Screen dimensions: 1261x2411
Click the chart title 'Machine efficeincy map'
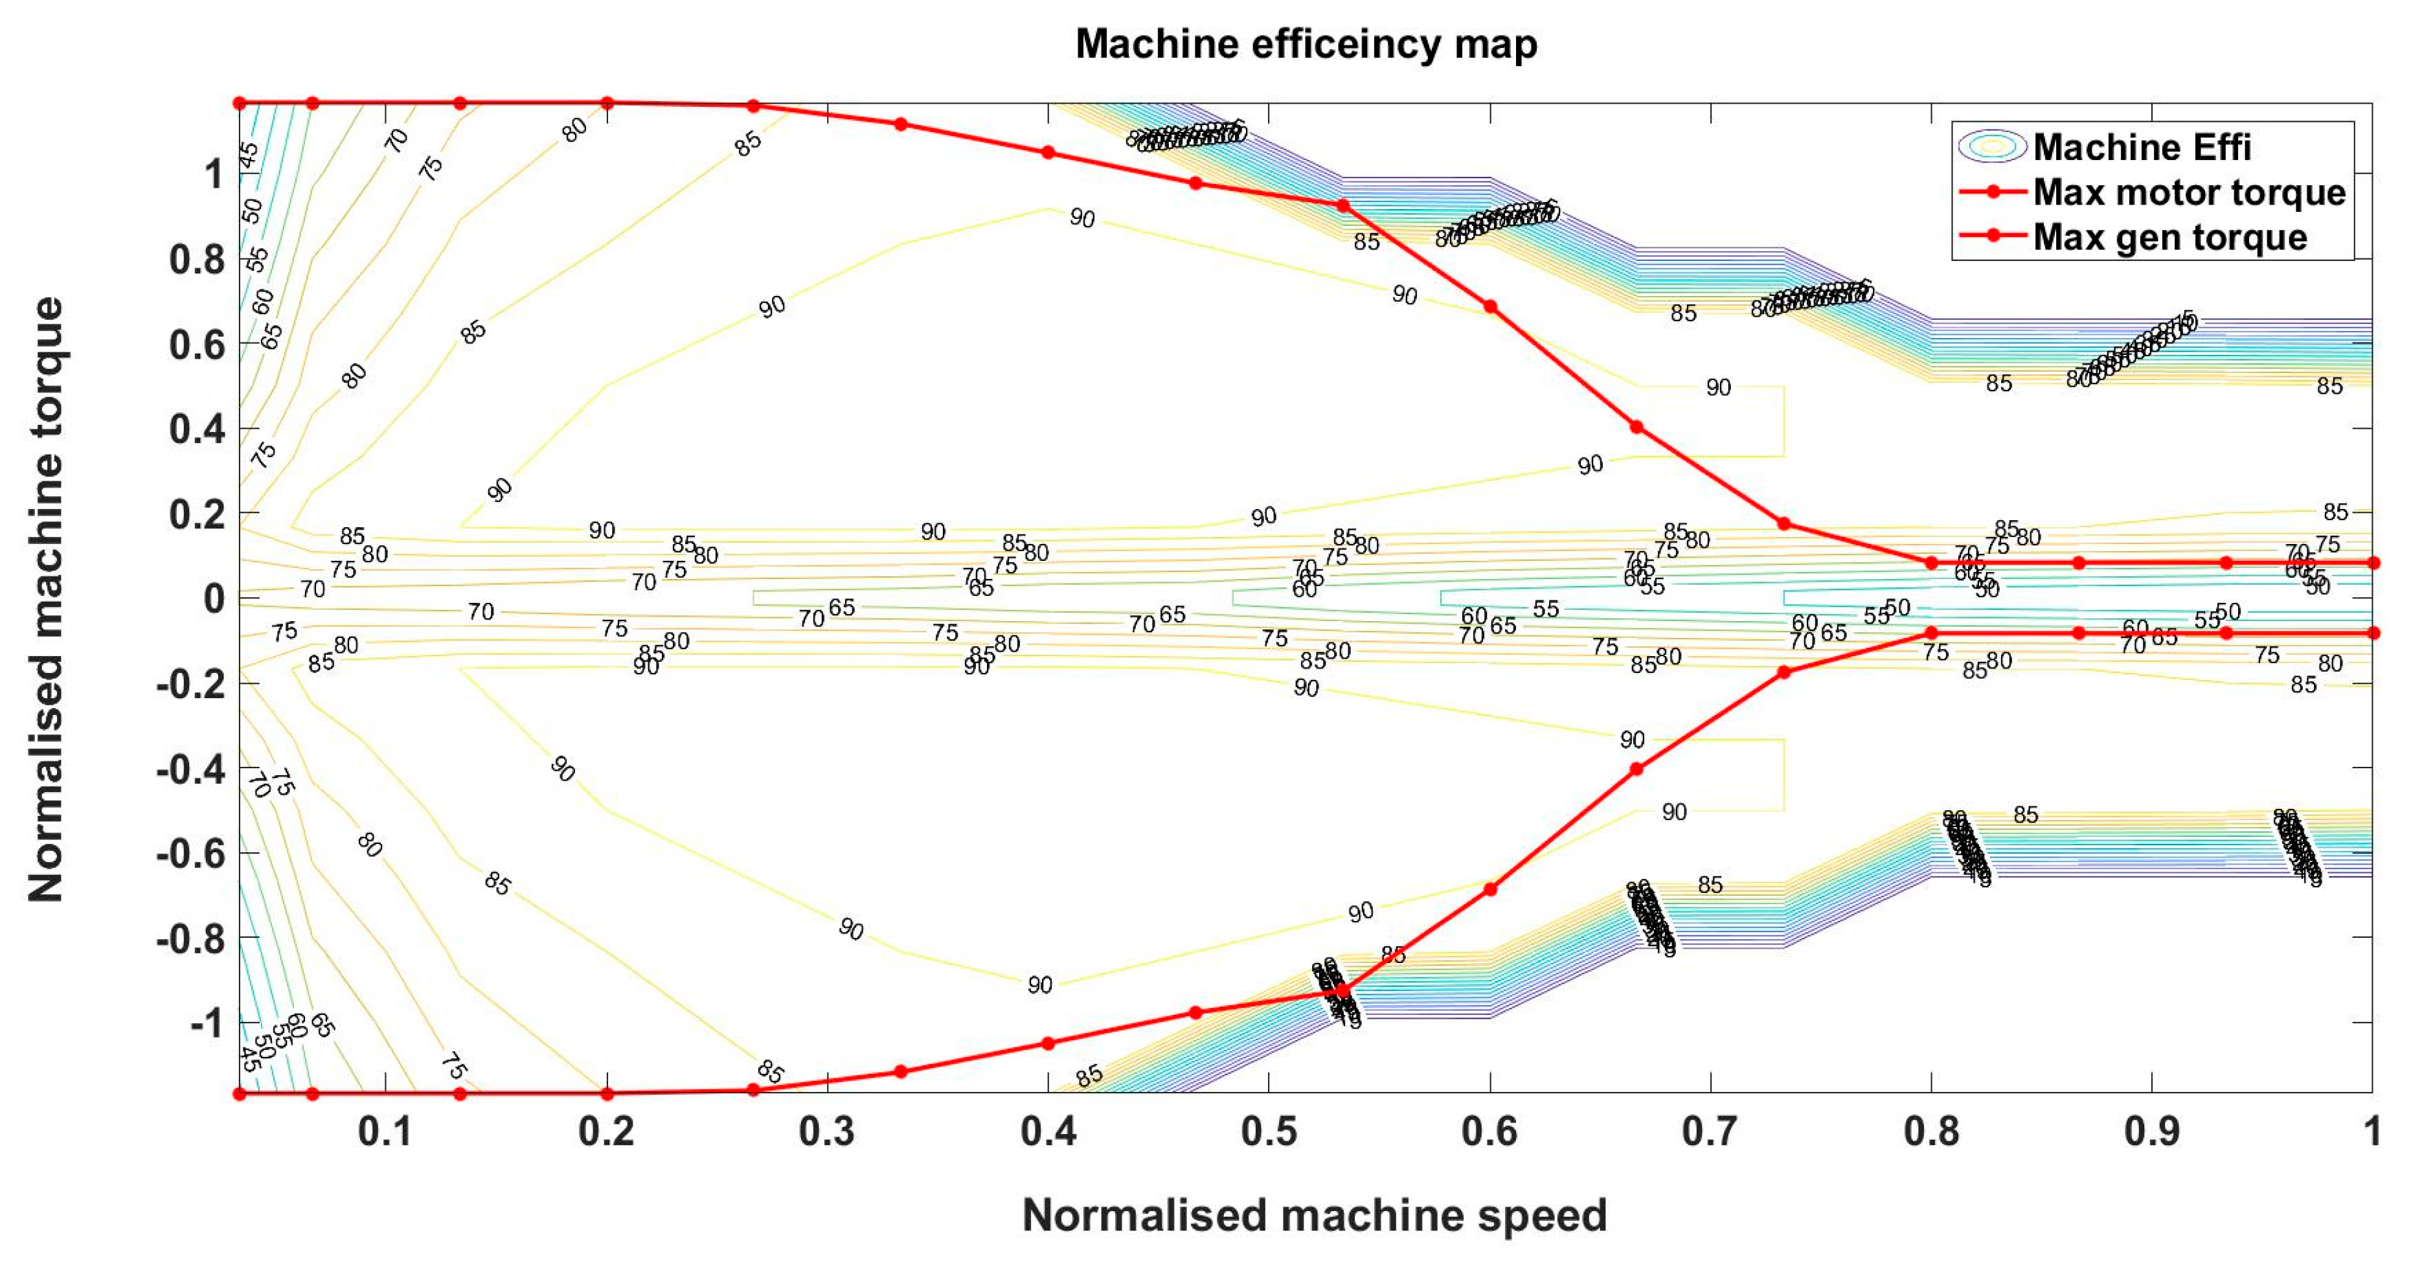click(x=1306, y=44)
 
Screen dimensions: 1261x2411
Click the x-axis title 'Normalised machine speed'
click(x=1314, y=1215)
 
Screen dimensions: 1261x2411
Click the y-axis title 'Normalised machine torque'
click(x=46, y=599)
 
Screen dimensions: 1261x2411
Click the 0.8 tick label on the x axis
click(x=1931, y=1132)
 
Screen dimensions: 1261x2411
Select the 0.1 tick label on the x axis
click(x=385, y=1132)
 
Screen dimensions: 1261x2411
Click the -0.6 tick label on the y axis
click(x=191, y=854)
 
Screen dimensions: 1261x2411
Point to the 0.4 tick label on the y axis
click(x=198, y=429)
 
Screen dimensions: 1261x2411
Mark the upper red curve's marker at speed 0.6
click(x=1490, y=307)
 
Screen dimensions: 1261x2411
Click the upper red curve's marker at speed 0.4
click(x=1048, y=153)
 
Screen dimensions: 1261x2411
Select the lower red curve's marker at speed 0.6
click(x=1490, y=889)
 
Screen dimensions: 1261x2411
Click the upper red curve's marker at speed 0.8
click(x=1931, y=563)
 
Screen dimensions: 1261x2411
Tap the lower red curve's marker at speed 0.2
click(x=607, y=1093)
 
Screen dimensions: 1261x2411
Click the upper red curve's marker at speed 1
click(x=2373, y=563)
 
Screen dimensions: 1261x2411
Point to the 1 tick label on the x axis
click(x=2371, y=1132)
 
